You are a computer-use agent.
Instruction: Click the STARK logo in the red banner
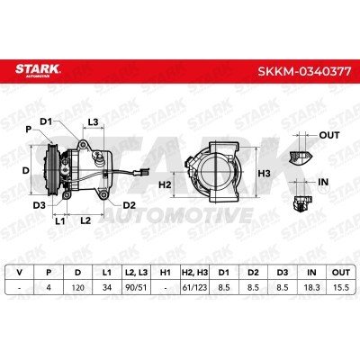point(38,70)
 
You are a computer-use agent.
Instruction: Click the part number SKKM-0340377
point(304,72)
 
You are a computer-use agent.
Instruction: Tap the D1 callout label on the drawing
point(46,121)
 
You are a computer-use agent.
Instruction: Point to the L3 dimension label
point(93,122)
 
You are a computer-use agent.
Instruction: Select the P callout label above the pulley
point(29,130)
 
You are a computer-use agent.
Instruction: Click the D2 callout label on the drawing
point(130,205)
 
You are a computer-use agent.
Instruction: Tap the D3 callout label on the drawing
point(40,205)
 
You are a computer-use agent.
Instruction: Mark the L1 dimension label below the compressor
point(60,221)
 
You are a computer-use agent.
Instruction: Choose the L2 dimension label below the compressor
point(85,220)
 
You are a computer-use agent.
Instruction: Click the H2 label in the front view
point(165,184)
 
